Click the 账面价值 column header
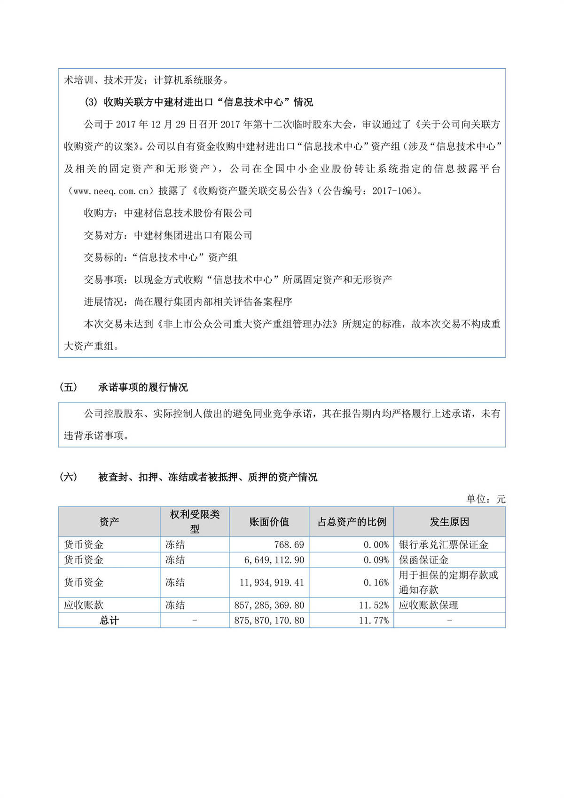point(269,522)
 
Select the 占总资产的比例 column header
point(352,522)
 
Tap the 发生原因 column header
point(449,522)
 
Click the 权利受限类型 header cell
point(195,522)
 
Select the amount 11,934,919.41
point(272,583)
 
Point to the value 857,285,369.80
point(269,605)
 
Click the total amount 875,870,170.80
point(269,621)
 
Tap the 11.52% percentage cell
point(374,605)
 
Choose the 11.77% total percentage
point(374,621)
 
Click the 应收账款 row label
point(84,605)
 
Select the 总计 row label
point(109,621)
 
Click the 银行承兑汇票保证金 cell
point(443,545)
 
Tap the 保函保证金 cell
point(423,560)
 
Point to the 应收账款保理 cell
point(428,605)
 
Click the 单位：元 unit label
point(486,499)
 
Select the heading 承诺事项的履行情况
point(143,387)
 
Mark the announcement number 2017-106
point(392,191)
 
